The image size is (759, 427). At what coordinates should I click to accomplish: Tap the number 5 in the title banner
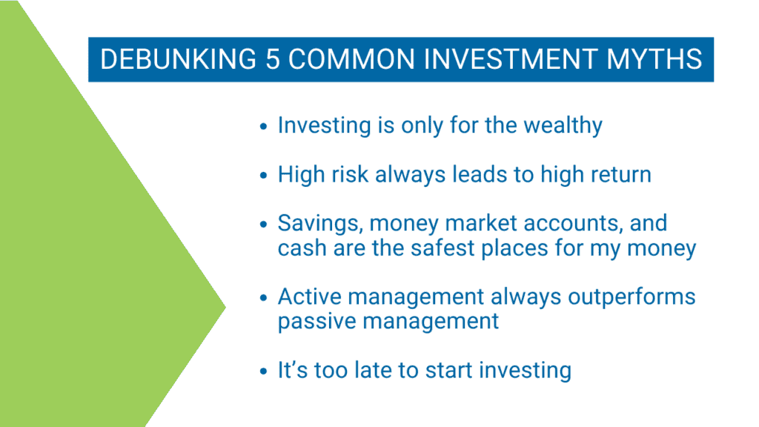[273, 59]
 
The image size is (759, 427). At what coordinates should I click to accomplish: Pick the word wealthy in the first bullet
[563, 126]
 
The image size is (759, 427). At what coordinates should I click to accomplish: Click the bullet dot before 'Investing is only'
[263, 127]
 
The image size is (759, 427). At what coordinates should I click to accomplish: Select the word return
[621, 174]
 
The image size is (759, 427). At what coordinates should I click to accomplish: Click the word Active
[309, 297]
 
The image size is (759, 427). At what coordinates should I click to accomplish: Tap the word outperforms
[632, 298]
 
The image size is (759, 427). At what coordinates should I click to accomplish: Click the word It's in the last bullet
[292, 370]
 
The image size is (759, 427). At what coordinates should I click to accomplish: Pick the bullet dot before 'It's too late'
[263, 372]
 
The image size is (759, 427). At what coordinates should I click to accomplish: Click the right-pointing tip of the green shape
[225, 306]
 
